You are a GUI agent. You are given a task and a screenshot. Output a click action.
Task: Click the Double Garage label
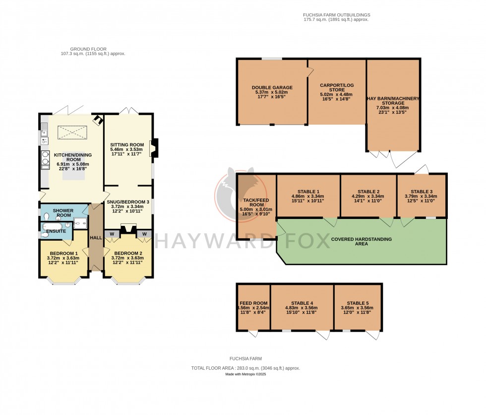[x=272, y=88]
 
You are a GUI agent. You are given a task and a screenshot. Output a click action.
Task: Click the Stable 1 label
[x=308, y=192]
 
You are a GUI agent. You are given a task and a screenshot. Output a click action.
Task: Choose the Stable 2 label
[x=368, y=192]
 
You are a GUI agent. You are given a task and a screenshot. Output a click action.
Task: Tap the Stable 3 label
[x=421, y=192]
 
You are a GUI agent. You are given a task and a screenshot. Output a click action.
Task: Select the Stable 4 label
[x=302, y=303]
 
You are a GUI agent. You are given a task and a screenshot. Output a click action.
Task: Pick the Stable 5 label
[x=358, y=303]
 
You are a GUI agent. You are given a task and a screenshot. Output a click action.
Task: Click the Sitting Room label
[x=127, y=145]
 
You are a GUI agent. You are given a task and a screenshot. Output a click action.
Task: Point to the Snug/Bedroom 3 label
[x=127, y=202]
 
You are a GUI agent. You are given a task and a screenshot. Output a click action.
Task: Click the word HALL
[x=96, y=238]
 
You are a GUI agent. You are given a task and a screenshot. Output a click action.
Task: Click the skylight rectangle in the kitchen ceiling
[x=72, y=133]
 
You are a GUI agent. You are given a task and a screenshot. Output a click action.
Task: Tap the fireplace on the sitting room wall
[x=153, y=148]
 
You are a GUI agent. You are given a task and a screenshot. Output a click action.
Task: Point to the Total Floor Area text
[x=245, y=368]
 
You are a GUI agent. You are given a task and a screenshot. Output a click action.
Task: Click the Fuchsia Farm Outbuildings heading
[x=336, y=15]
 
